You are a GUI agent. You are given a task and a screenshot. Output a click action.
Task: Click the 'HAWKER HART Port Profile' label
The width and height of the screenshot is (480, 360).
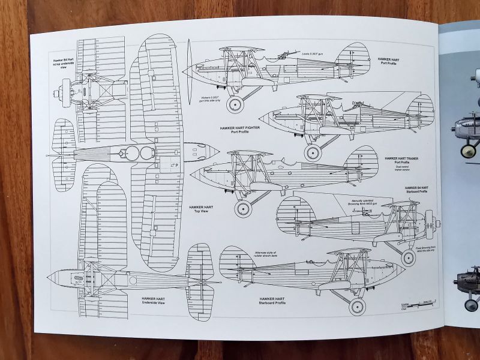388,62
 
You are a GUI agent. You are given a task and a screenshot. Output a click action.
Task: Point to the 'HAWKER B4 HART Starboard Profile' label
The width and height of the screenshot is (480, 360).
416,190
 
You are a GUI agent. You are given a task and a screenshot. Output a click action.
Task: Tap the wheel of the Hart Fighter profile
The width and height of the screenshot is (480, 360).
313,152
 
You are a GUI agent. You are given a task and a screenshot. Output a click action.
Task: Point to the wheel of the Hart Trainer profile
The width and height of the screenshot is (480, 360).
242,209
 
